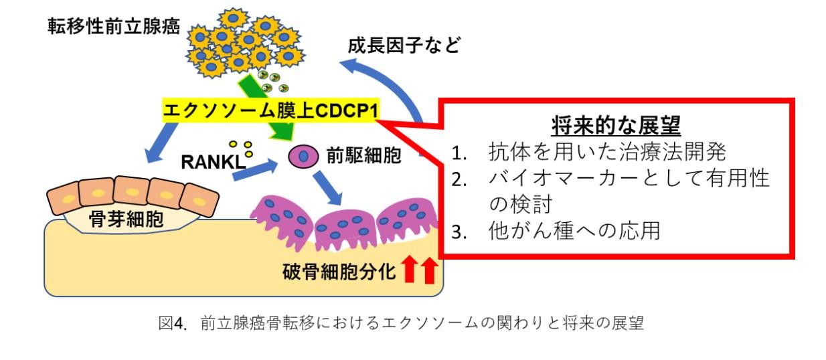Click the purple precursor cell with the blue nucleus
point(302,157)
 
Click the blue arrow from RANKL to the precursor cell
point(255,171)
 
